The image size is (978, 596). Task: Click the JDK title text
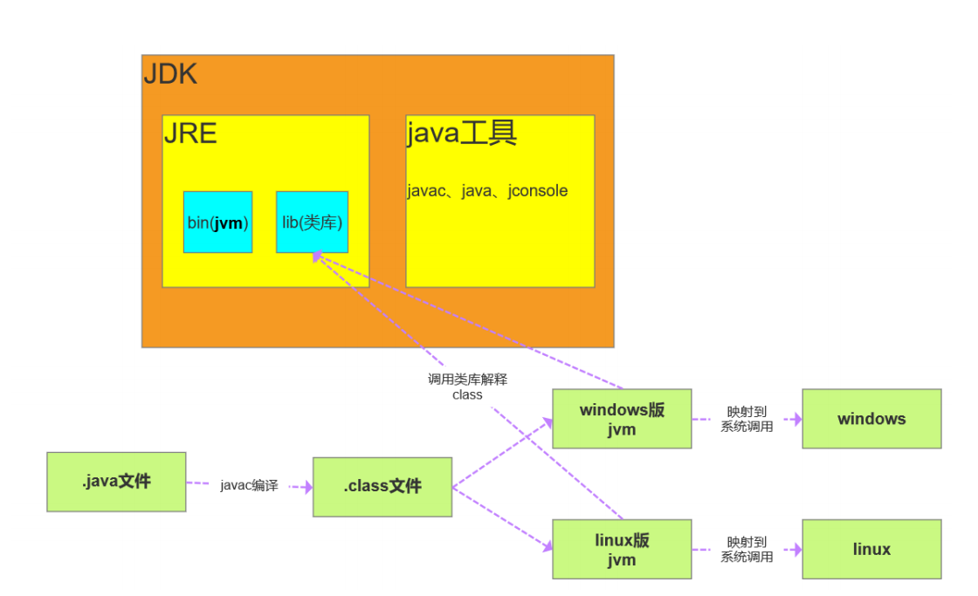(x=170, y=74)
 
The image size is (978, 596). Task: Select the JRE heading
(x=190, y=134)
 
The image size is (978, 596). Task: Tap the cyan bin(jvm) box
(x=217, y=223)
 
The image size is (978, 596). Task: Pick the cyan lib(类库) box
(x=312, y=223)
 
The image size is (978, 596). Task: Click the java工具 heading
(x=462, y=134)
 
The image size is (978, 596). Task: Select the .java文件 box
(x=116, y=481)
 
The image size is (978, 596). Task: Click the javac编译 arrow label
(x=249, y=485)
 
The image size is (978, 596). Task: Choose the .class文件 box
(x=382, y=486)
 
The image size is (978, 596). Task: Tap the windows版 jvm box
(x=622, y=419)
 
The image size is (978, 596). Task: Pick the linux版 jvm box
(x=622, y=549)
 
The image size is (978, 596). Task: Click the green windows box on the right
(x=871, y=419)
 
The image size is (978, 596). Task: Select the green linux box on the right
(x=871, y=549)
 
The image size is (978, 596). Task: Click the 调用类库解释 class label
(x=467, y=387)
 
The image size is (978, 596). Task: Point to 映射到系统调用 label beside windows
(x=747, y=419)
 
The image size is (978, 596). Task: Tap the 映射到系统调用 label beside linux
(x=747, y=549)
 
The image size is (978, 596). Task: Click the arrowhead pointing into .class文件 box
(x=307, y=488)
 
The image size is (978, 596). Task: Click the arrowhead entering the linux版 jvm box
(x=548, y=546)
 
